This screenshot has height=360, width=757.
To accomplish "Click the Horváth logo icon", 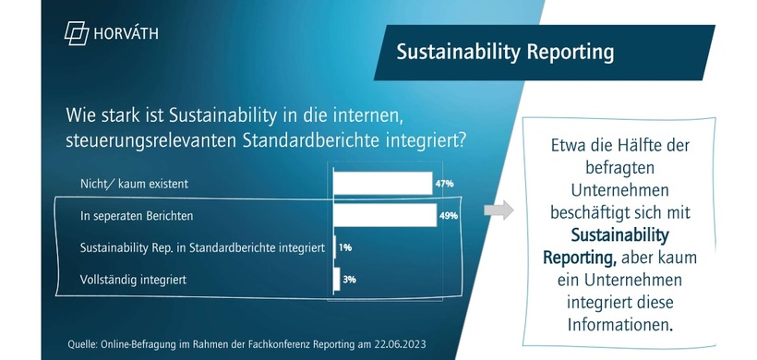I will point(76,33).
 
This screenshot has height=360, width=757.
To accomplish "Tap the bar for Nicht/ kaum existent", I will point(382,183).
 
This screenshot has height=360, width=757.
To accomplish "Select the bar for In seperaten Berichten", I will point(384,215).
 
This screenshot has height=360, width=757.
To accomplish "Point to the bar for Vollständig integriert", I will point(336,278).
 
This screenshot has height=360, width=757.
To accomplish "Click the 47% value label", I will point(444,184).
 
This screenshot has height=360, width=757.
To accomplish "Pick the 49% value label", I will point(448,216).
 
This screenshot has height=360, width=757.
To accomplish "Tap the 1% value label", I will point(344,247).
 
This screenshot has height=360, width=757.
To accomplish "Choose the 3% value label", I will point(350,279).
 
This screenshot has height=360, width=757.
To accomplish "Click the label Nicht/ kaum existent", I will point(135,184).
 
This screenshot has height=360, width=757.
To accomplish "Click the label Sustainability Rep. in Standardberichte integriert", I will point(202,247).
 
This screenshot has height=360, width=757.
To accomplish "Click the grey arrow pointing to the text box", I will point(499,210).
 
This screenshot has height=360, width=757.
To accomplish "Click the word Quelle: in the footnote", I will point(86,344).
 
